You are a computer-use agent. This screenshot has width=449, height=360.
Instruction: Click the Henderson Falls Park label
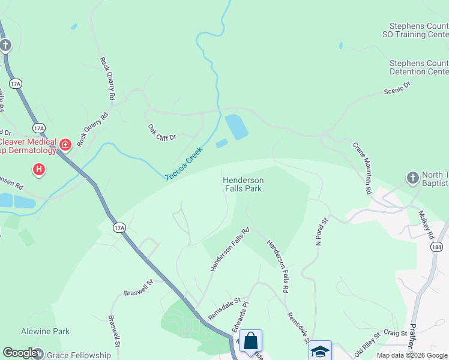point(243,184)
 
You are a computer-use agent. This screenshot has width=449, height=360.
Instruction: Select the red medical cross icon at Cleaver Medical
point(65,145)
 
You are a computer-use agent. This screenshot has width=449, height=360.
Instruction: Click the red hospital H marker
point(39,170)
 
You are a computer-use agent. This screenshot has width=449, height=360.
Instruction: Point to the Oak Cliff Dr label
point(161,133)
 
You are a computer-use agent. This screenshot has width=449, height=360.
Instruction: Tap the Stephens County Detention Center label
point(418,67)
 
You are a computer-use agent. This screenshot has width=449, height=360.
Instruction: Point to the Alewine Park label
point(46,331)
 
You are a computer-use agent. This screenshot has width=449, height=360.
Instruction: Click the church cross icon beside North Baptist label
point(412,178)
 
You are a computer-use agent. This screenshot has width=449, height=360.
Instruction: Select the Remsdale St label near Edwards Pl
point(224,308)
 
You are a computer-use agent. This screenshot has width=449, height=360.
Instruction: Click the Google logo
point(20,353)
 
